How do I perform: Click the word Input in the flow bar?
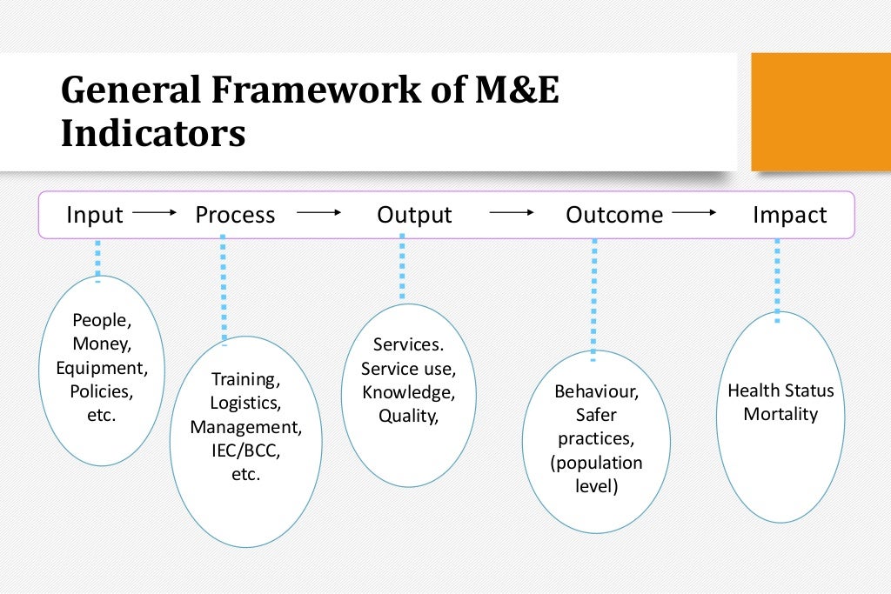point(95,215)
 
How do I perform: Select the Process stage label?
point(235,215)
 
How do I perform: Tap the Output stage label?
point(414,215)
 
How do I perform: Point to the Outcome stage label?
point(614,215)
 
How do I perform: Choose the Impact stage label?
point(790,215)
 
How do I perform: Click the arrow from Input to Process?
point(155,212)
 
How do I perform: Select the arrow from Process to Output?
point(318,212)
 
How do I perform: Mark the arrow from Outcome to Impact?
point(694,212)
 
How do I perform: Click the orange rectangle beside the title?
point(820,111)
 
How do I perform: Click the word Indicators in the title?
point(152,135)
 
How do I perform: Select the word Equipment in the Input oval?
point(101,367)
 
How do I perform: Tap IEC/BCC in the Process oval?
point(246,451)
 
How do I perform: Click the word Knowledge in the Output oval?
point(407,391)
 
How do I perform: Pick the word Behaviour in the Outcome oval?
point(596,391)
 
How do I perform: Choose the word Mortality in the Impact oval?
point(780,414)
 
